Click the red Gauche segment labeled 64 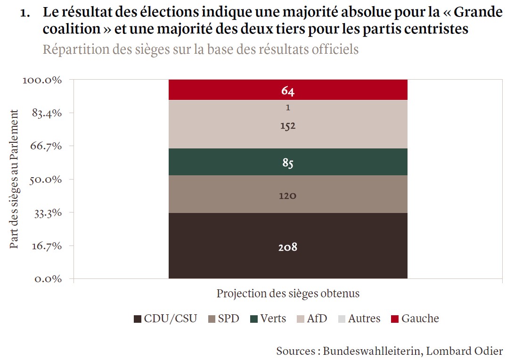[x=287, y=90]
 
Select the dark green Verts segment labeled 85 [x=287, y=163]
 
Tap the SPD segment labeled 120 [x=287, y=195]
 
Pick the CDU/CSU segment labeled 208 [x=287, y=246]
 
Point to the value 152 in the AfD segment [x=287, y=126]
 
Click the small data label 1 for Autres [x=287, y=107]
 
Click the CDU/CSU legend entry [x=165, y=319]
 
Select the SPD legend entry [x=224, y=319]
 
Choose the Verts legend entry [x=268, y=319]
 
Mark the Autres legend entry [x=359, y=319]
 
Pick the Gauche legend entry [x=415, y=319]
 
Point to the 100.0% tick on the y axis [x=42, y=80]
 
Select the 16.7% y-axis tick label [x=46, y=246]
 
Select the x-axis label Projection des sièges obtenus [x=288, y=294]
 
